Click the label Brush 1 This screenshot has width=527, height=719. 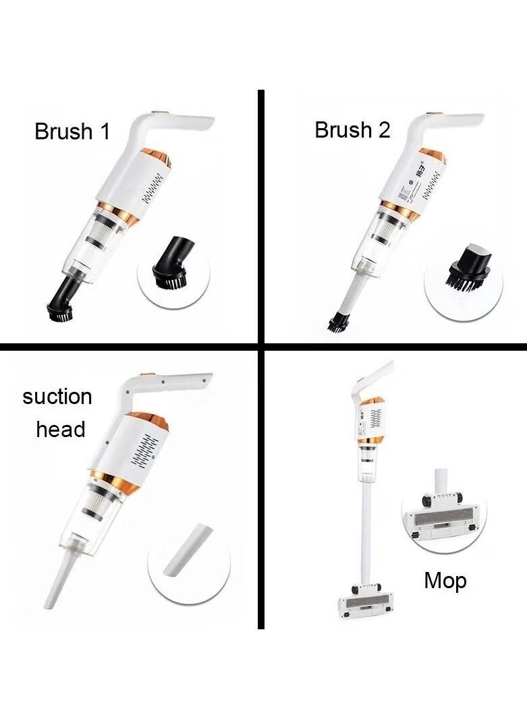tap(72, 131)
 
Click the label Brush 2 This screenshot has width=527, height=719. tap(352, 130)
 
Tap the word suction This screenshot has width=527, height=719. tap(57, 397)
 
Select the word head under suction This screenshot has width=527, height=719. tap(61, 429)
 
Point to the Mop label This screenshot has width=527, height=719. tap(445, 580)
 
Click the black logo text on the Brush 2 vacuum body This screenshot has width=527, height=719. tap(418, 166)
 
